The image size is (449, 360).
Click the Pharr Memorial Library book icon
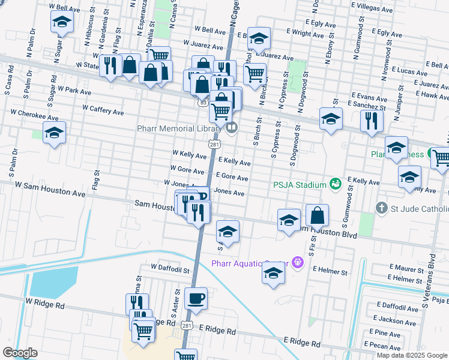pos(231,127)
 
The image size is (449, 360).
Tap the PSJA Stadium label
pos(298,184)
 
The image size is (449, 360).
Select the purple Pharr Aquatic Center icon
pos(296,262)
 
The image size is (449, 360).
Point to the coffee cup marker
pos(196,298)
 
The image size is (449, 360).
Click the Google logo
pos(19,353)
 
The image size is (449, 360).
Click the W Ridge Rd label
pos(45,305)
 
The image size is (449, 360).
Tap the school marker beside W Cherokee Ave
pos(54,133)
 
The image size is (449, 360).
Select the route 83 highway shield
pos(204,103)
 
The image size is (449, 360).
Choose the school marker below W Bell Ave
pos(62,23)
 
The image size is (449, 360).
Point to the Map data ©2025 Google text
pos(412,355)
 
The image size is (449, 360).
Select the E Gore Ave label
pos(233,178)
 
